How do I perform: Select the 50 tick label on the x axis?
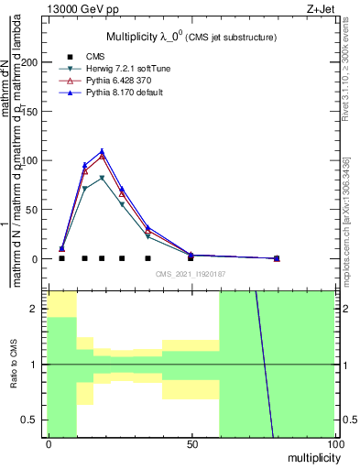(191, 444)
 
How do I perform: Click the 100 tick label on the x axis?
(334, 444)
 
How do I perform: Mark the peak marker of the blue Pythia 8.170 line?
(102, 151)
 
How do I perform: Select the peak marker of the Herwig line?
(102, 178)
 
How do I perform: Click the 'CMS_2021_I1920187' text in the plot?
(191, 274)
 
